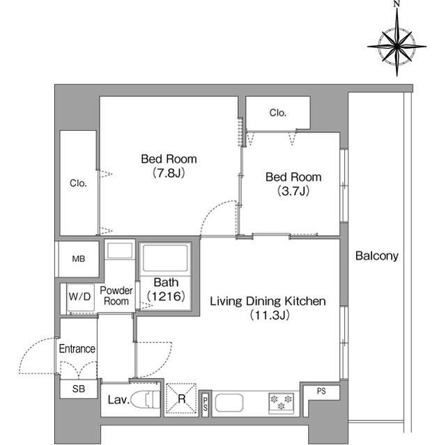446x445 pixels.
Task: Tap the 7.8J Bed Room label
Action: [169, 166]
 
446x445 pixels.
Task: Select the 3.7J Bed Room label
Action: [293, 184]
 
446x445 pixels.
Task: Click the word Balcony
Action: [376, 256]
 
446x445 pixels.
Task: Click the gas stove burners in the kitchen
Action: [281, 403]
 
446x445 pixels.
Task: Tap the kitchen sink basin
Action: [229, 403]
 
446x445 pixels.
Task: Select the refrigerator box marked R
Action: [181, 398]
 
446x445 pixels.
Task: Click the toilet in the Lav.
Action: [146, 399]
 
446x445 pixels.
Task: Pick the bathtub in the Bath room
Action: [166, 258]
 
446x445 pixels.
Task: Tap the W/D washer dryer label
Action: [79, 297]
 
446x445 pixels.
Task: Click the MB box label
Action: [79, 259]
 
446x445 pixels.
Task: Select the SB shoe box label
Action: [79, 389]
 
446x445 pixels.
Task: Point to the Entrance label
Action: [77, 349]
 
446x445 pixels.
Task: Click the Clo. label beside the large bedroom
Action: [78, 183]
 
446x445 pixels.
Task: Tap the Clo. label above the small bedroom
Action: [278, 113]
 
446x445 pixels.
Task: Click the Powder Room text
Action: [116, 296]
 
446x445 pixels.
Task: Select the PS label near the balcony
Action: [321, 391]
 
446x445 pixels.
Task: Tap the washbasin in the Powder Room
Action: [119, 251]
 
